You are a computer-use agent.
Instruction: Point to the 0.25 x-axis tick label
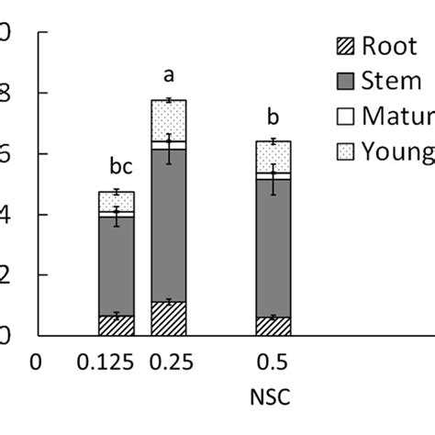[x=168, y=362]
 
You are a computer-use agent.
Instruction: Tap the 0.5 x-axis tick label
[x=273, y=362]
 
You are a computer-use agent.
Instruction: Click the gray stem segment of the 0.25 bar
[x=168, y=225]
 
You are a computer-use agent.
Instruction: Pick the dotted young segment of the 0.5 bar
[x=273, y=156]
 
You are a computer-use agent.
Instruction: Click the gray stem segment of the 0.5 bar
[x=273, y=248]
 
